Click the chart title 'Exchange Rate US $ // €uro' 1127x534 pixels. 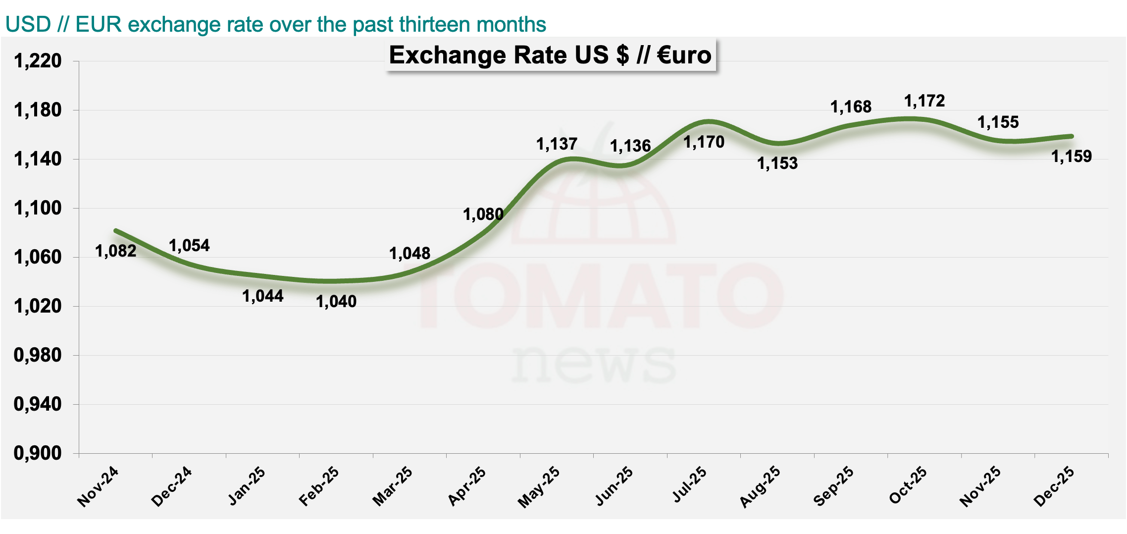click(550, 54)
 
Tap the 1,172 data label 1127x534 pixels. click(924, 101)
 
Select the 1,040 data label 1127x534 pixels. click(336, 301)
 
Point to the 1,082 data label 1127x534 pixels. click(115, 251)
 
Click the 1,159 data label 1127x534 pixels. click(1071, 157)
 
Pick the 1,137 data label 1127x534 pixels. click(557, 144)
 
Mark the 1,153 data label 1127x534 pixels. click(777, 163)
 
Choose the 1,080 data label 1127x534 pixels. click(483, 214)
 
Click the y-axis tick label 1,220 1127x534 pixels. click(38, 61)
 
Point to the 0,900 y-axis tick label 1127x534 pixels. click(38, 453)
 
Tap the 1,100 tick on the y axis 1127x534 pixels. click(38, 208)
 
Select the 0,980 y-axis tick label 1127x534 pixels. click(38, 355)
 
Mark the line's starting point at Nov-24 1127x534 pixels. click(116, 231)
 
